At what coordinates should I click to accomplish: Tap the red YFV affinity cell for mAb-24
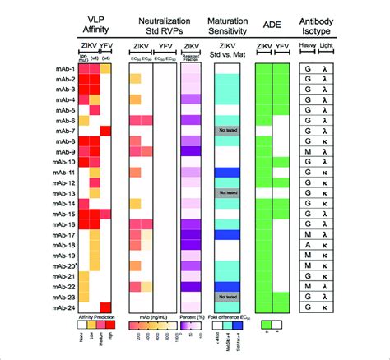[106, 308]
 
